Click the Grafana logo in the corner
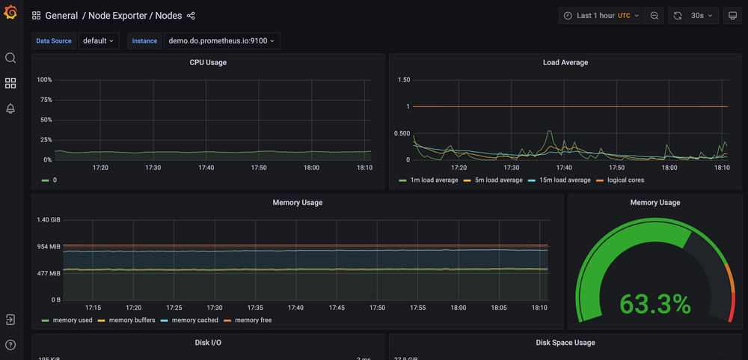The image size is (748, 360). [10, 13]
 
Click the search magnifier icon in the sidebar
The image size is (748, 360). [10, 58]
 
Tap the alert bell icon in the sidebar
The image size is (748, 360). [10, 109]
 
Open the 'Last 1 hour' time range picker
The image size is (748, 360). [602, 16]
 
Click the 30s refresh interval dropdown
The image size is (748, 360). [702, 16]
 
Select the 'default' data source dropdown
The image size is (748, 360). [99, 41]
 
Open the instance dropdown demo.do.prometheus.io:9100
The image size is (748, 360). [221, 41]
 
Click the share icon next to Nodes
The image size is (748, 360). [191, 16]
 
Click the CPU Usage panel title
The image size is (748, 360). [208, 63]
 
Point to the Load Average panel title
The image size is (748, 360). [565, 63]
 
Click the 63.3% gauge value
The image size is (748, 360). [655, 304]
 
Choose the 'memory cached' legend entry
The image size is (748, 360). [194, 320]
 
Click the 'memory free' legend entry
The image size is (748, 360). [253, 320]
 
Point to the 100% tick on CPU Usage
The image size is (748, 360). [44, 80]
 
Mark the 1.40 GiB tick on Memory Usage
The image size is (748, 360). [49, 220]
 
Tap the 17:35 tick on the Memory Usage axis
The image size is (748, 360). [255, 308]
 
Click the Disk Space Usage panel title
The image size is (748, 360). [565, 343]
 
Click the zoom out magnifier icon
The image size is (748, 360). [654, 16]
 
